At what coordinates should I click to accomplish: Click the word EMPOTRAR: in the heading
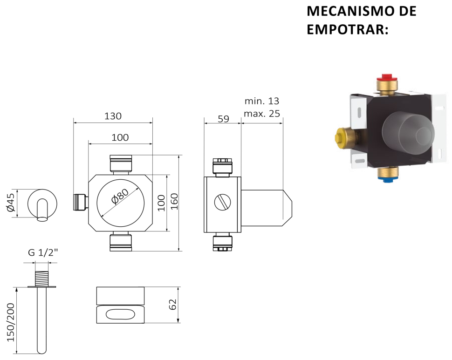pos(347,29)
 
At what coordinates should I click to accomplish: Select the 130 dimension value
pos(113,116)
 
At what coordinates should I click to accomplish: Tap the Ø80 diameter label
pos(120,196)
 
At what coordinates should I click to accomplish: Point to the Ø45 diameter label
pos(11,203)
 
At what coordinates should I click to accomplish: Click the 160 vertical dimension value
pos(175,202)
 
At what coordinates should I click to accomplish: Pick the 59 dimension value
pos(223,119)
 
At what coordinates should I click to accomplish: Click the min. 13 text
pos(262,101)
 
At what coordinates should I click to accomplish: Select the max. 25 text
pos(262,114)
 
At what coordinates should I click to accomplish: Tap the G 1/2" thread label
pos(43,252)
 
